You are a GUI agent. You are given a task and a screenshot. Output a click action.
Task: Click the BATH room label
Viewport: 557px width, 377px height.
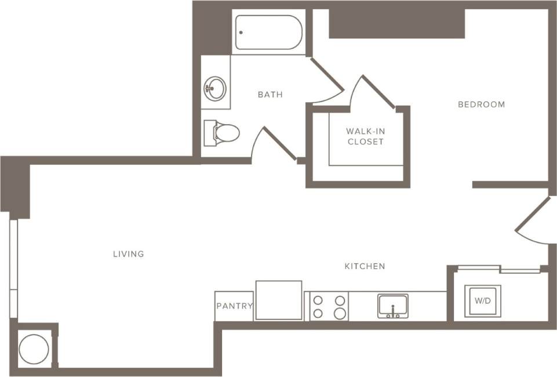270,94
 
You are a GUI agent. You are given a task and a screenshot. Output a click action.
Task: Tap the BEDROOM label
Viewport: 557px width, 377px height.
481,104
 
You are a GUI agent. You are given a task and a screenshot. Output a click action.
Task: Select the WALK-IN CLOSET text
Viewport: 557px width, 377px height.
365,136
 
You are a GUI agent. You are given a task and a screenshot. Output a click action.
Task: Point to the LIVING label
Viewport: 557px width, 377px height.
129,254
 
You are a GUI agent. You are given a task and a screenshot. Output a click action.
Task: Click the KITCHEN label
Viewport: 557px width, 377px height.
365,266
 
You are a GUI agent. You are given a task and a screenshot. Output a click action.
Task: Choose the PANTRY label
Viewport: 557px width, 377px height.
234,306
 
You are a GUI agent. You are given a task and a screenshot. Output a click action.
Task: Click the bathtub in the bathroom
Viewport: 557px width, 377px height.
269,32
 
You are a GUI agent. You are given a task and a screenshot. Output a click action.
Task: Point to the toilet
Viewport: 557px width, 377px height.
223,133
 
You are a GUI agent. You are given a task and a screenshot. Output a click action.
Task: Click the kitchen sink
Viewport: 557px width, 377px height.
393,306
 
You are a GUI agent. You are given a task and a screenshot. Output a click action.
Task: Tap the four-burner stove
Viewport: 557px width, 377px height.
329,307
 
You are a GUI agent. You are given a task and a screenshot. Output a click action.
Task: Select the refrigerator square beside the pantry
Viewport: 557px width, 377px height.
279,300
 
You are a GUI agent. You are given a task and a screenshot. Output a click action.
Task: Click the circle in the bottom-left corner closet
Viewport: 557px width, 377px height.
34,349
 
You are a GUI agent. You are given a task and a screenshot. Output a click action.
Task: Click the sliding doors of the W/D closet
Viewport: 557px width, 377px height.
498,269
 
